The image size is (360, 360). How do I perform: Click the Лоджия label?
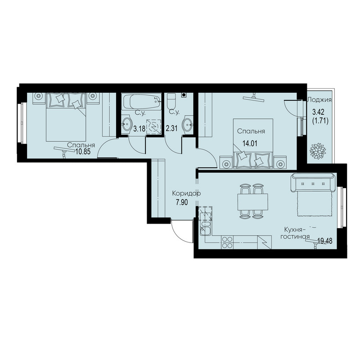(319, 99)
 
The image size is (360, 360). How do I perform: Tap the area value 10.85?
(83, 152)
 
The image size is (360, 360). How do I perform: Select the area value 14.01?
(250, 144)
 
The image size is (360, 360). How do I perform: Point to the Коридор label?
(186, 193)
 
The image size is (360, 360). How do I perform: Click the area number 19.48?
(325, 241)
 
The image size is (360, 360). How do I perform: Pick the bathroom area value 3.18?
(139, 129)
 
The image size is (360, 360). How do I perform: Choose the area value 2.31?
(171, 128)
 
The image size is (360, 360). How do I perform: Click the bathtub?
(141, 102)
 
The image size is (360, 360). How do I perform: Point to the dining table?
(253, 202)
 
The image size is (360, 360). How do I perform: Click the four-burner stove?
(227, 243)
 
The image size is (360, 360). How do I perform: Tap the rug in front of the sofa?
(315, 204)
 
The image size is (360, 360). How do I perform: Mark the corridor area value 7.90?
(182, 202)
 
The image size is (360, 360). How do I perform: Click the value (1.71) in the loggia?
(320, 121)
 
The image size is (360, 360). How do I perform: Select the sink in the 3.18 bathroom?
(126, 124)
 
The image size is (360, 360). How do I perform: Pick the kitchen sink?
(206, 229)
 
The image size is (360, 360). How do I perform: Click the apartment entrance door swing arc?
(178, 234)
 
